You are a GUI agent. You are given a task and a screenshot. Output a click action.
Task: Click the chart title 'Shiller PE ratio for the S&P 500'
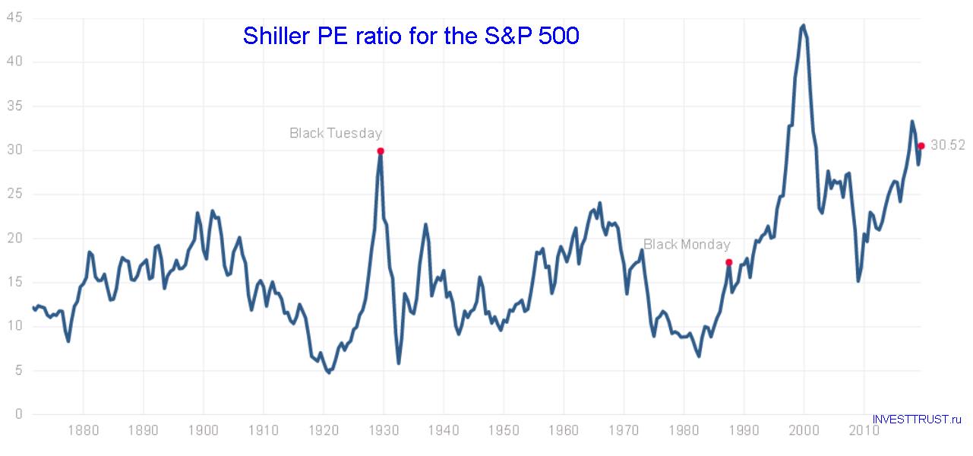(411, 36)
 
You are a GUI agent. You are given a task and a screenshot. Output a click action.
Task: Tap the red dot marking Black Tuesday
(381, 150)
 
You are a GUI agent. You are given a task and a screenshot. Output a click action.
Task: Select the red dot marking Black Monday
(728, 262)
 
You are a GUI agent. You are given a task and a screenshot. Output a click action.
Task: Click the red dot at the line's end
(921, 146)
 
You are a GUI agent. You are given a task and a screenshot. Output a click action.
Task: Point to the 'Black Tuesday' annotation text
(336, 133)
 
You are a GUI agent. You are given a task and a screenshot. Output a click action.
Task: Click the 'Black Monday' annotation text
(687, 244)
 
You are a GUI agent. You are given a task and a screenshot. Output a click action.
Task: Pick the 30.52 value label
(947, 145)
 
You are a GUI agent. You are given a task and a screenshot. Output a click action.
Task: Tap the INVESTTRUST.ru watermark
(917, 419)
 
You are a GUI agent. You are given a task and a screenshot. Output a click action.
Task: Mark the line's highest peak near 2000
(804, 25)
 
